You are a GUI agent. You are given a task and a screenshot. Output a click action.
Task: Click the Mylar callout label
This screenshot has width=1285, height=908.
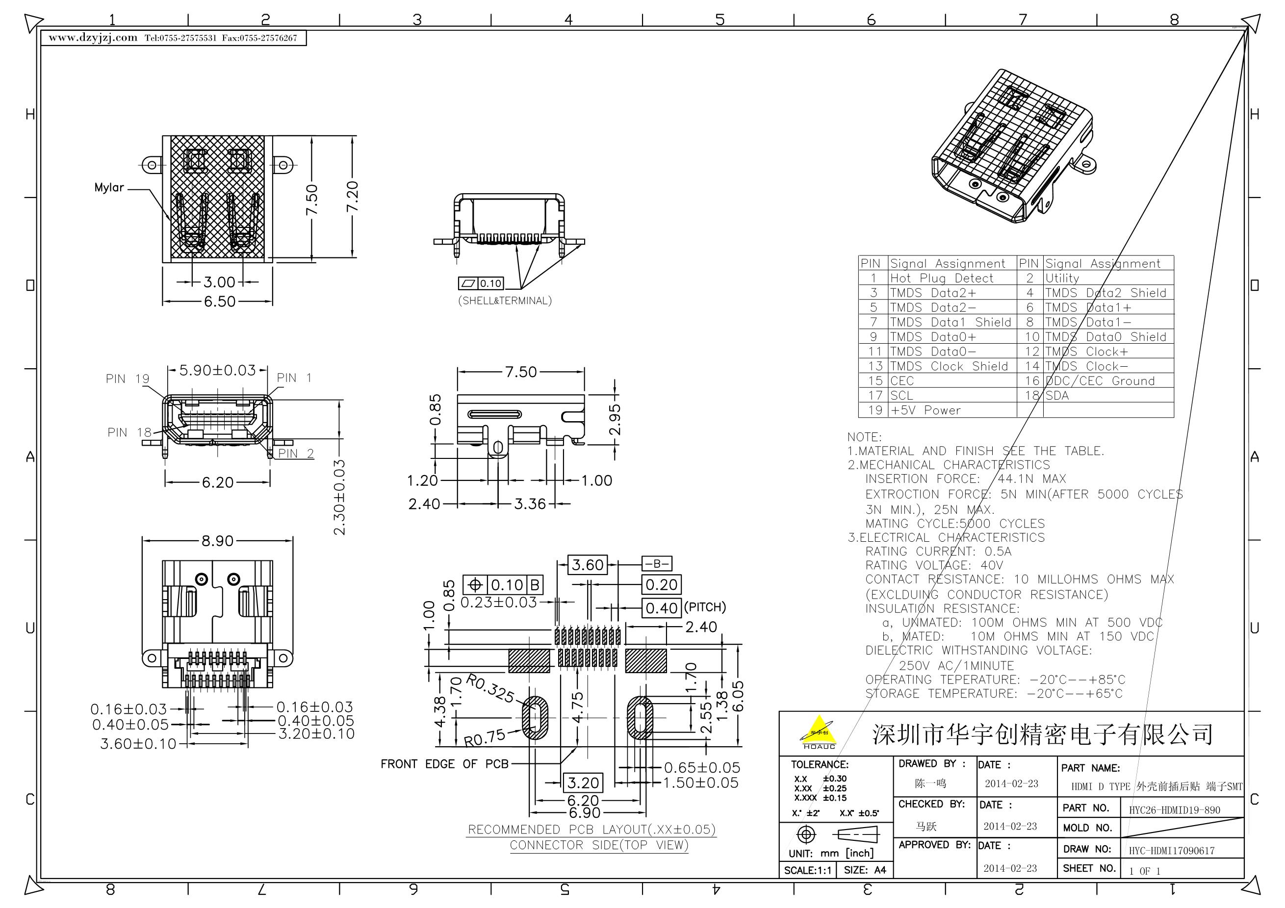pyautogui.click(x=109, y=187)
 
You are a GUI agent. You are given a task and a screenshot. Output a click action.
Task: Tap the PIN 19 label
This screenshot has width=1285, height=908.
pyautogui.click(x=128, y=379)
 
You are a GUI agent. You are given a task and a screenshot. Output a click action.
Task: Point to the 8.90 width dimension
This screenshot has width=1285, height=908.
pyautogui.click(x=217, y=541)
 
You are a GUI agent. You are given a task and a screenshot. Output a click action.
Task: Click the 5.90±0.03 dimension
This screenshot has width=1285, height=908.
pyautogui.click(x=218, y=370)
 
